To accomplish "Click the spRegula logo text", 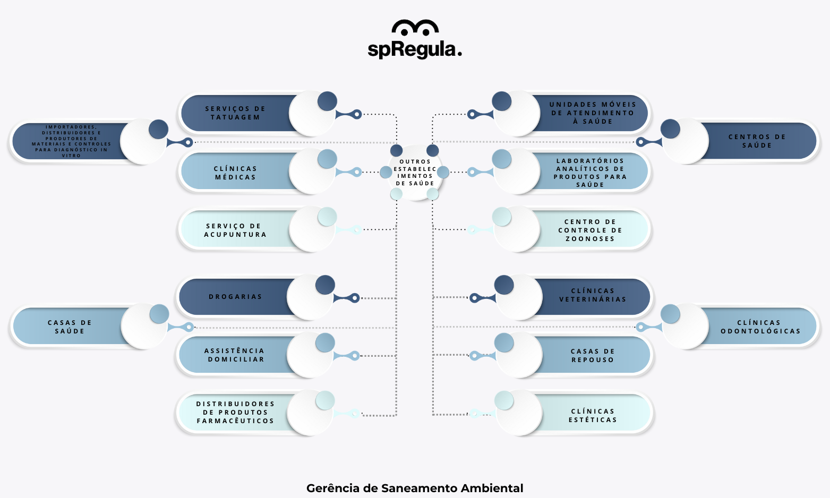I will coord(415,49).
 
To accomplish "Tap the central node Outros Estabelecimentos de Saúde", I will coord(415,173).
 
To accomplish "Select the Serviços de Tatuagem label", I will coord(235,113).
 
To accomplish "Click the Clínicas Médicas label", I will coord(235,173).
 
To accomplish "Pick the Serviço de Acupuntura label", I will coord(235,230).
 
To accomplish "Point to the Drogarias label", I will coord(235,297).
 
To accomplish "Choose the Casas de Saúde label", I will coord(70,327).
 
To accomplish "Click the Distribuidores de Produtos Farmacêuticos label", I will coord(235,413).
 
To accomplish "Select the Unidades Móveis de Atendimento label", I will coord(593,113).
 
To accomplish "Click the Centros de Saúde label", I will coord(757,141).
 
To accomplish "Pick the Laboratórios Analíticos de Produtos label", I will coord(590,173).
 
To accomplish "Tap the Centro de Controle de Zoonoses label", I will coord(590,230).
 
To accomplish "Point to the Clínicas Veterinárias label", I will coord(593,295).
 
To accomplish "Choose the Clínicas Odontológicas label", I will coord(760,327).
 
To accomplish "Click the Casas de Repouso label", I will coord(593,355).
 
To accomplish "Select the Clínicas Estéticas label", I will coord(593,416).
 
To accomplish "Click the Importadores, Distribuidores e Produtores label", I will coord(71,141).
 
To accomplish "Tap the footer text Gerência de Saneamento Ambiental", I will coord(415,488).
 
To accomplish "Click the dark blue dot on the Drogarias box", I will coord(325,285).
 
